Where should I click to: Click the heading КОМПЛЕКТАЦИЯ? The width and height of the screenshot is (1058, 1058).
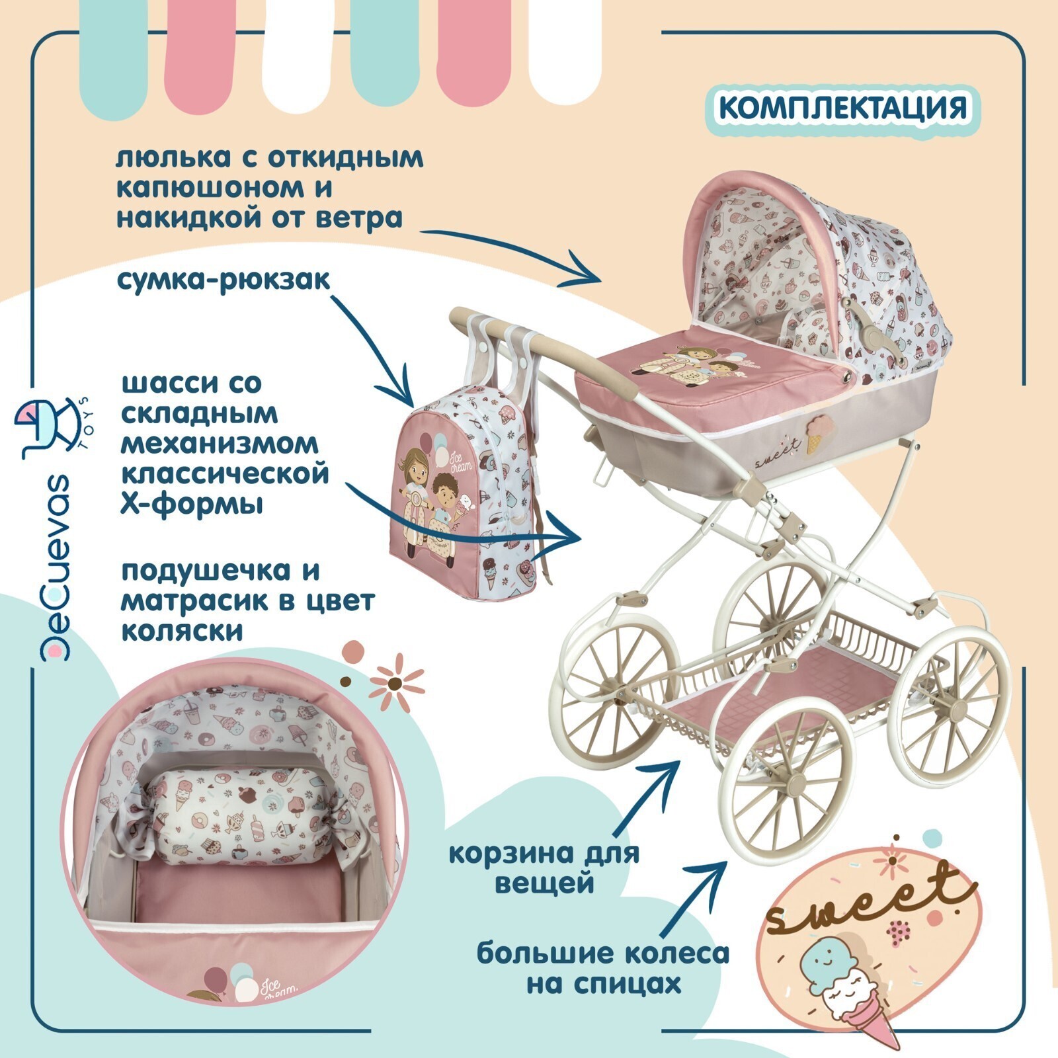point(842,108)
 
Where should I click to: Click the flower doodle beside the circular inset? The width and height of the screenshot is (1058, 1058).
point(395,680)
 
